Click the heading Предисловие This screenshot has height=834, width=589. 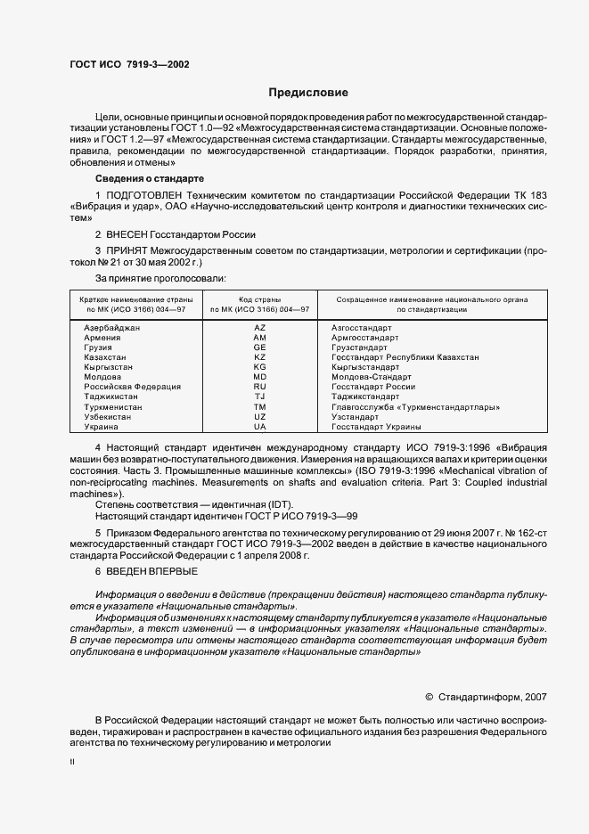pos(308,93)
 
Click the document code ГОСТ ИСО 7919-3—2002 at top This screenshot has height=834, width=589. pos(128,64)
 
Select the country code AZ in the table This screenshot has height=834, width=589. pos(259,328)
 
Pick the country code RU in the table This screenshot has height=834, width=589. pos(259,387)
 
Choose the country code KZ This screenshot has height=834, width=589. pos(259,357)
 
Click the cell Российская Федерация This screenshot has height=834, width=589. pos(132,387)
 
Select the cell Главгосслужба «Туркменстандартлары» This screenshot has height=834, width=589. pos(414,406)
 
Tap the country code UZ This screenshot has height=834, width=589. pos(259,416)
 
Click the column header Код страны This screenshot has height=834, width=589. pos(259,299)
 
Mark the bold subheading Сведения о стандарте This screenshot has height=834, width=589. pos(143,178)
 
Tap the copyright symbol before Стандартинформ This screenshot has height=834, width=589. pos(429,697)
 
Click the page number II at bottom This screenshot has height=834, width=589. pos(72,763)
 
